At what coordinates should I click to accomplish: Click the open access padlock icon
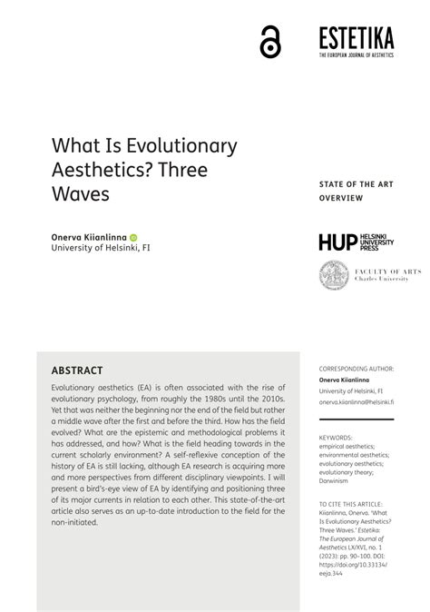pos(270,43)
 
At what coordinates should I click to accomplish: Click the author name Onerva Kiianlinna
pos(88,236)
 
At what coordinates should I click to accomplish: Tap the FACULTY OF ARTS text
pos(373,271)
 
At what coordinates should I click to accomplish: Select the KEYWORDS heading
pos(336,438)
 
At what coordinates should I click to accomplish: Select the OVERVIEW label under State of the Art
pos(340,197)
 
